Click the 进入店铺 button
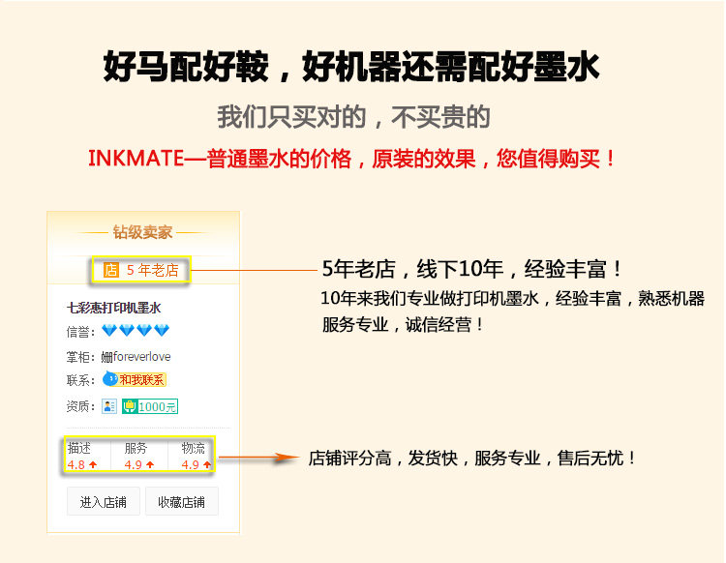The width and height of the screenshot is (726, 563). click(x=105, y=502)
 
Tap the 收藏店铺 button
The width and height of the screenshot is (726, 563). click(x=181, y=502)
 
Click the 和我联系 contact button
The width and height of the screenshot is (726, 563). click(x=140, y=380)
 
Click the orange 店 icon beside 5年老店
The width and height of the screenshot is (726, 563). click(x=110, y=270)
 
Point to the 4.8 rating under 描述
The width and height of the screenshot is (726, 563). click(x=76, y=465)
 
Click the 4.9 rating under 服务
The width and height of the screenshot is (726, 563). click(x=134, y=465)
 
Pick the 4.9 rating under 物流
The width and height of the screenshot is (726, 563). click(x=191, y=465)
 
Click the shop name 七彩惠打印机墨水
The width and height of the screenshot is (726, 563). click(x=113, y=308)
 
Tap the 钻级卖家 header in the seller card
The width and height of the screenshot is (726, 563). click(x=142, y=232)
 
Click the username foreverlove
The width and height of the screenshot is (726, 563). click(x=141, y=357)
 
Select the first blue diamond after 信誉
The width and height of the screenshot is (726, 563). click(x=109, y=332)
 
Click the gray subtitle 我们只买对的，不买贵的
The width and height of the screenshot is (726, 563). click(x=353, y=118)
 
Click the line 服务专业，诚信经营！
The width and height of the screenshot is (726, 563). click(x=404, y=325)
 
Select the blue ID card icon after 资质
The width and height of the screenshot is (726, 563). click(x=109, y=406)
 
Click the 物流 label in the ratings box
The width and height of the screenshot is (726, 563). click(x=193, y=448)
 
